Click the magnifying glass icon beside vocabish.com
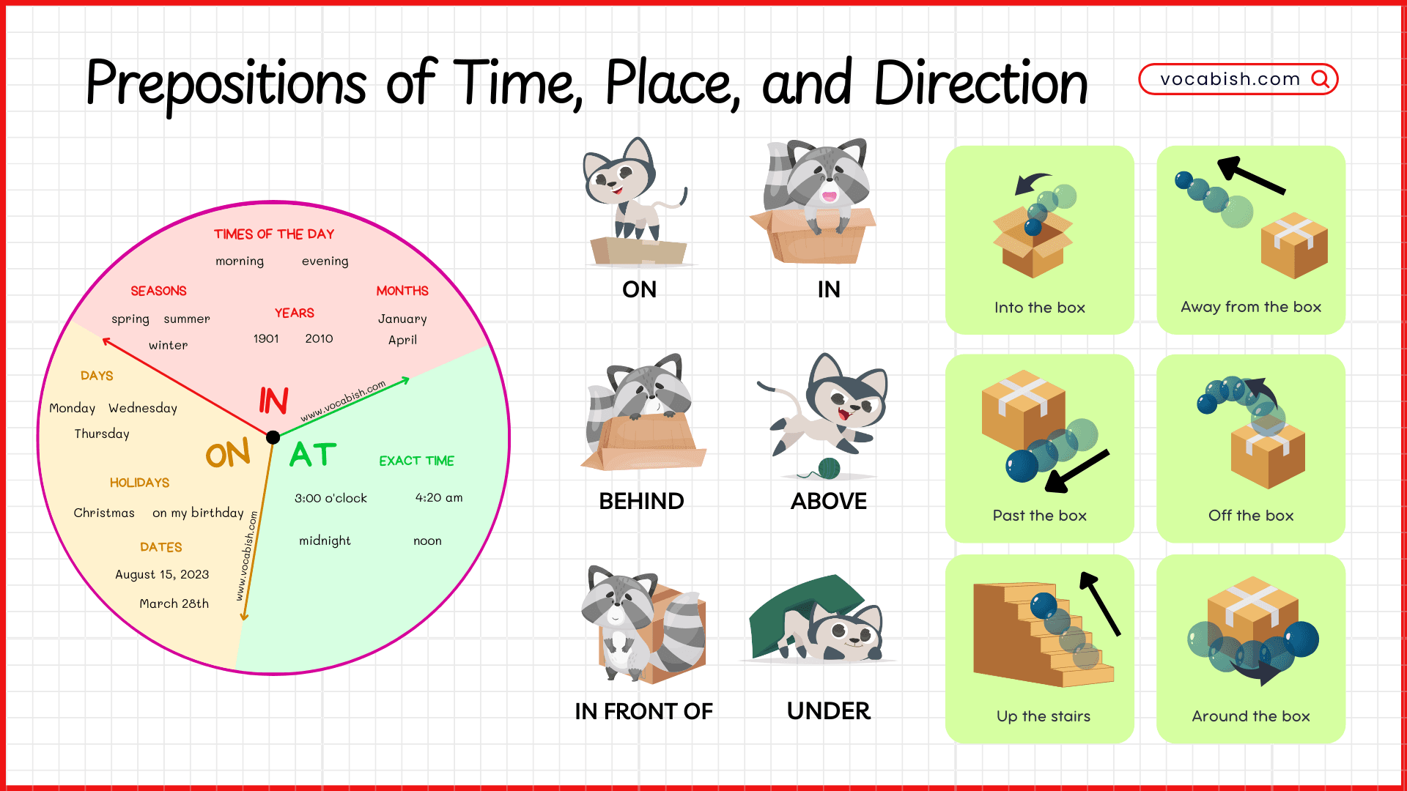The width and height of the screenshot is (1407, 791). (1321, 79)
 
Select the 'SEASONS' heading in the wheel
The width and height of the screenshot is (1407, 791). (158, 291)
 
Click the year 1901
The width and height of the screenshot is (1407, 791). (266, 338)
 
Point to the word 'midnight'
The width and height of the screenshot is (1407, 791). (325, 541)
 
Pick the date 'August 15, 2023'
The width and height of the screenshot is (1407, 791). (162, 574)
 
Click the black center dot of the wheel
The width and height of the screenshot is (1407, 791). (273, 437)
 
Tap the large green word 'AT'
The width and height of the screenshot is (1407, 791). (313, 454)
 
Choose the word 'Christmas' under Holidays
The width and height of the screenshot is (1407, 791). (104, 513)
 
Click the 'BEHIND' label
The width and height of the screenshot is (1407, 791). (641, 501)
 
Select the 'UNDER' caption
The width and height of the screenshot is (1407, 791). (829, 710)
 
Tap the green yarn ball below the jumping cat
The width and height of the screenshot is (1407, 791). (829, 468)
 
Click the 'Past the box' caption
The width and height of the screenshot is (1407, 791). (1039, 516)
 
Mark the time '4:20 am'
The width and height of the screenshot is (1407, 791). (439, 497)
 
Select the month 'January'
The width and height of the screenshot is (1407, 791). (402, 319)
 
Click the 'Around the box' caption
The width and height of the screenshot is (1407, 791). (1250, 716)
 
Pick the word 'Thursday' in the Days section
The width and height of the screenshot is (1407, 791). (102, 434)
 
